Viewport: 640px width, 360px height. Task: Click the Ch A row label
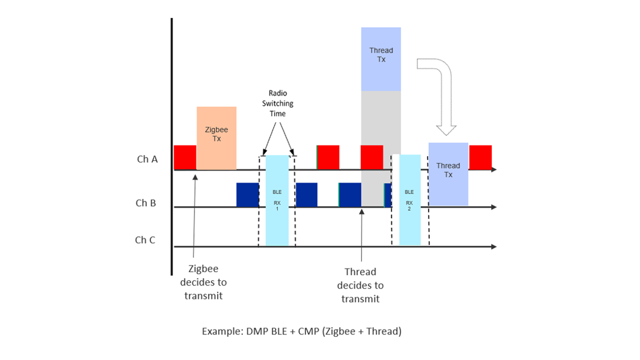pos(147,159)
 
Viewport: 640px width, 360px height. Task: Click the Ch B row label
pos(145,203)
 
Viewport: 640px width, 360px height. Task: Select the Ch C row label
pos(145,240)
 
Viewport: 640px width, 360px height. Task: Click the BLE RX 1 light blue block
pos(277,200)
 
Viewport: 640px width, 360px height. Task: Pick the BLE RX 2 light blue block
pos(409,200)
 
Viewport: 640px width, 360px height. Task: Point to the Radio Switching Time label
pos(277,103)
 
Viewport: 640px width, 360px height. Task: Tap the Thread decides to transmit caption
pos(360,285)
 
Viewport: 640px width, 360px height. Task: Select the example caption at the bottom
pos(301,331)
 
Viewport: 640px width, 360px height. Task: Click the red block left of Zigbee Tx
pos(185,157)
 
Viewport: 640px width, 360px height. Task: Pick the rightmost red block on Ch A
pos(480,157)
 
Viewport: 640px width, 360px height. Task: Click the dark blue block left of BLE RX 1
pos(247,194)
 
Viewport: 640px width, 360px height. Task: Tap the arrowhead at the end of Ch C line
pos(494,246)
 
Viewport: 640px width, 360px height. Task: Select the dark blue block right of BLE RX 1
pos(306,194)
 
